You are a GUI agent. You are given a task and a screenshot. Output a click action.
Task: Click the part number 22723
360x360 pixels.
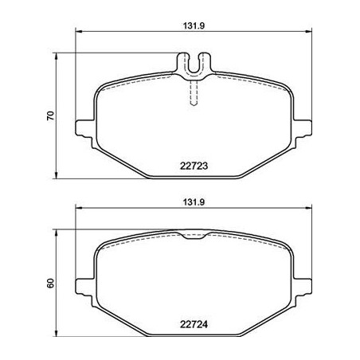[194, 166]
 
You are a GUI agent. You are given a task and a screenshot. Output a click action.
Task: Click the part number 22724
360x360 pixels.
[194, 324]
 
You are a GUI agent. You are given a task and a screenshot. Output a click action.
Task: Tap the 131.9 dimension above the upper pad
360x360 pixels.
[194, 25]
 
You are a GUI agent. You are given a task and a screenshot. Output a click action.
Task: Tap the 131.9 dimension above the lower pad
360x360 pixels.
[194, 202]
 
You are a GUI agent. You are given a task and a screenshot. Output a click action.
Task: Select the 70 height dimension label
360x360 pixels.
[50, 115]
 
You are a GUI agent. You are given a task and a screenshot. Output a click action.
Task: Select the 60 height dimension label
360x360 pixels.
[50, 284]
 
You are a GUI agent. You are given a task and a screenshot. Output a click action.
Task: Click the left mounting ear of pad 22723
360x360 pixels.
[85, 130]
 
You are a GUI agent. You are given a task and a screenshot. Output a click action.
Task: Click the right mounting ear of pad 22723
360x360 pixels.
[303, 130]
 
